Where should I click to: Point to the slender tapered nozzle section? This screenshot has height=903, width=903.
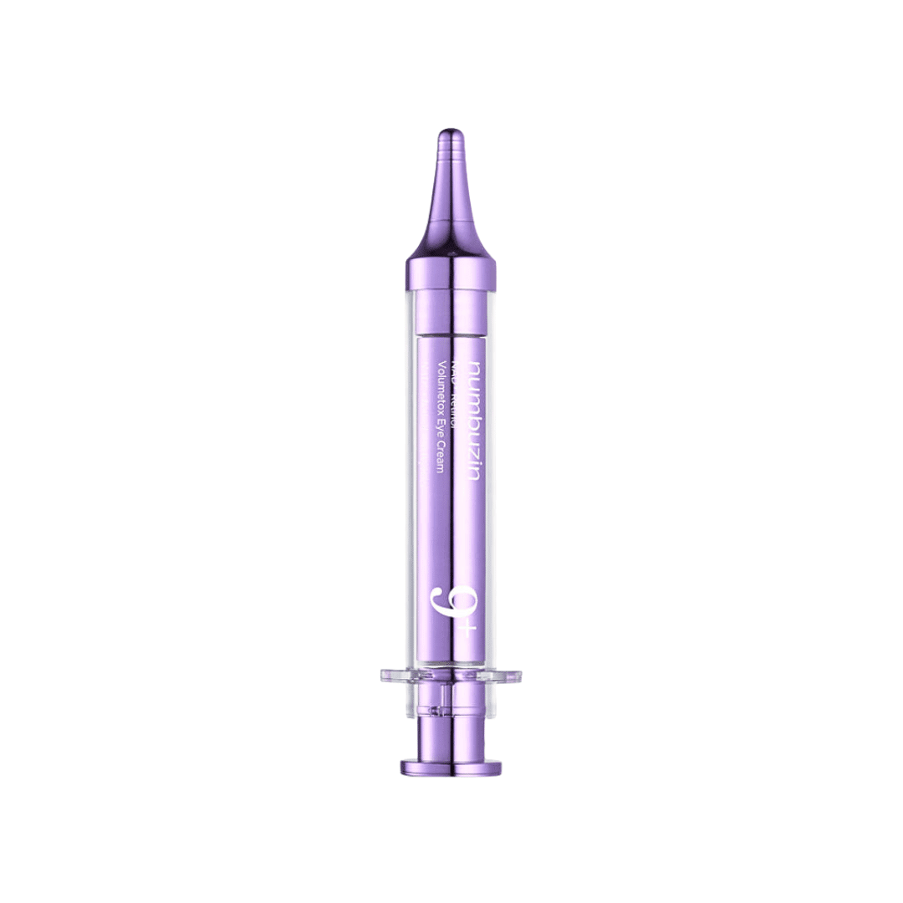click(x=451, y=188)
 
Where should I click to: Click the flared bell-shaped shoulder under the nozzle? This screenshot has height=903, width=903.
click(x=451, y=238)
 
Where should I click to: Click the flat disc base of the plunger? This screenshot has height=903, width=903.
click(x=451, y=767)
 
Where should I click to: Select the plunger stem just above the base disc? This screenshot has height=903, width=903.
click(x=451, y=736)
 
